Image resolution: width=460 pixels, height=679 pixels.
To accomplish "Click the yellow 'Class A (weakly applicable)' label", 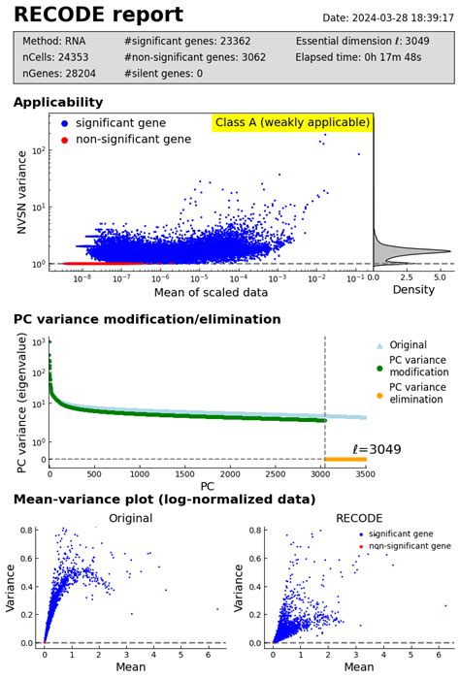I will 292,122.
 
